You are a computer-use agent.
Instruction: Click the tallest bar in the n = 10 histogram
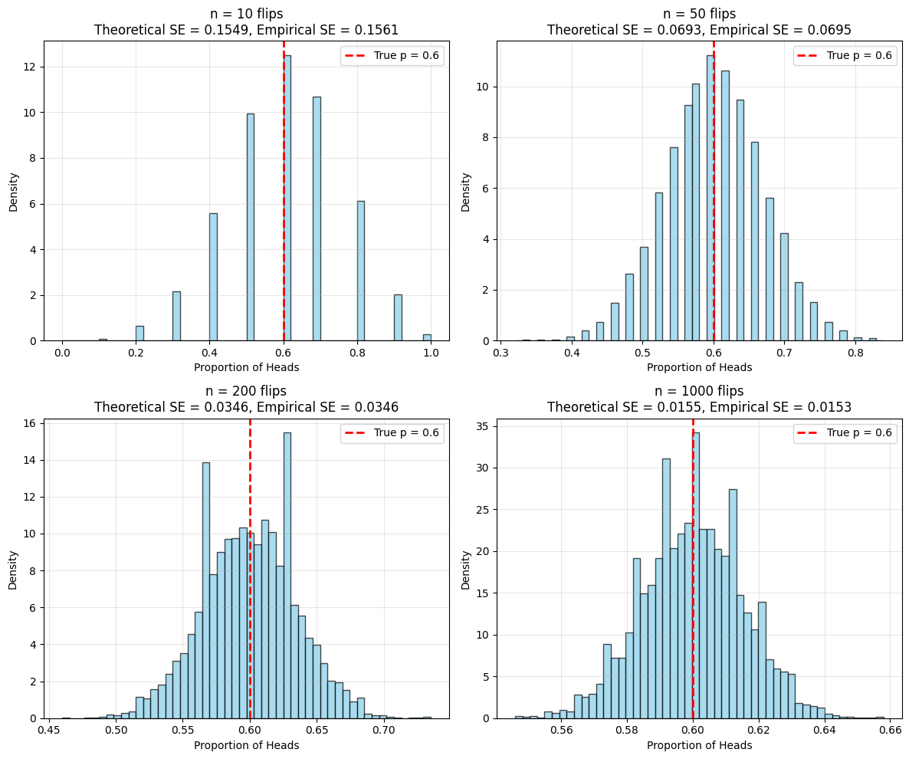[287, 199]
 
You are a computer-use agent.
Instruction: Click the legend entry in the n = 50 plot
[844, 55]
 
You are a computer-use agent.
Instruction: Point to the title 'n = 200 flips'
[246, 391]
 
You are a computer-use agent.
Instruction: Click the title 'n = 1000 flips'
[699, 391]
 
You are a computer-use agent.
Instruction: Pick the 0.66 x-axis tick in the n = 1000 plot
[890, 731]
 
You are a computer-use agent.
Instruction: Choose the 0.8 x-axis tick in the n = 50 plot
[855, 353]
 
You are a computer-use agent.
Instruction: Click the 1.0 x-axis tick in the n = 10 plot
[431, 353]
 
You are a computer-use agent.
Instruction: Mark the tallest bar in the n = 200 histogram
[287, 575]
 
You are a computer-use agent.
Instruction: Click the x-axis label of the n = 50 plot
[699, 367]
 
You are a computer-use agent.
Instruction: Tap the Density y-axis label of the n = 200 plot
[13, 568]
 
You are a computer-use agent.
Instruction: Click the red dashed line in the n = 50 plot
[714, 230]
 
